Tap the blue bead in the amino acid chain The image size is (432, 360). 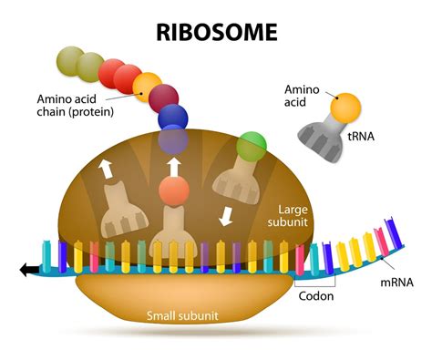tap(173, 118)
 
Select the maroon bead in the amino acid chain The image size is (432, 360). tap(163, 96)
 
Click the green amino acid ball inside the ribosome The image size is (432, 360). tap(251, 144)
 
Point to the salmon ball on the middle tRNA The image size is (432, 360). tap(171, 191)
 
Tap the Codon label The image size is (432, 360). tap(316, 296)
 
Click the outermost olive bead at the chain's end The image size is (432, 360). tap(68, 59)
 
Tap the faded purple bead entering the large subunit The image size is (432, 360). tap(172, 140)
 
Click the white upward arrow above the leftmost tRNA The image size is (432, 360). tap(107, 167)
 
